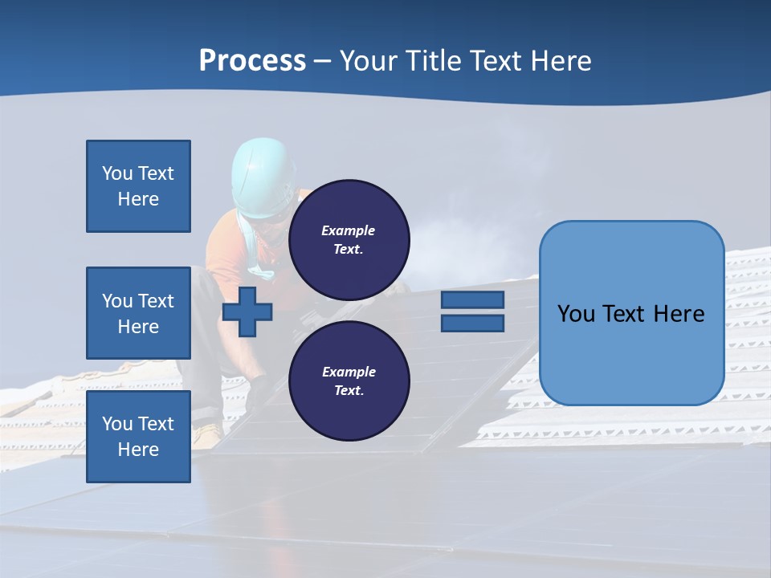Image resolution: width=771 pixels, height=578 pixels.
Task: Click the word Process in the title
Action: coord(252,61)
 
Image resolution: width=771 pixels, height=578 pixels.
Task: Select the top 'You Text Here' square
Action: coord(138,186)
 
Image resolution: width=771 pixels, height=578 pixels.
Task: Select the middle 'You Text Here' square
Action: coord(138,313)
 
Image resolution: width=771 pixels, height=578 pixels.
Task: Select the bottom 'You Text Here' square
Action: coord(138,436)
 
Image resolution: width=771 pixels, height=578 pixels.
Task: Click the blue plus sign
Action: coord(247,311)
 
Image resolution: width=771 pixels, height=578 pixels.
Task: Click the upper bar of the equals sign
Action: coord(472,300)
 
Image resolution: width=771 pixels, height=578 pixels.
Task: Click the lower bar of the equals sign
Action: coord(472,324)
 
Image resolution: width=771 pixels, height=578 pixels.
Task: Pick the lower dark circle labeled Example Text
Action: coord(349,381)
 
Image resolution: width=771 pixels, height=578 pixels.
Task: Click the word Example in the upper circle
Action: coord(349,230)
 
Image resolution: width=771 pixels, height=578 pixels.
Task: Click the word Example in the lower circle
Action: coord(349,372)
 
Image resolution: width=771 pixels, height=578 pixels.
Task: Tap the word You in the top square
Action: coord(116,173)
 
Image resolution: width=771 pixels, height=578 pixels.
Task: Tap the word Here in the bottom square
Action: coord(138,450)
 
